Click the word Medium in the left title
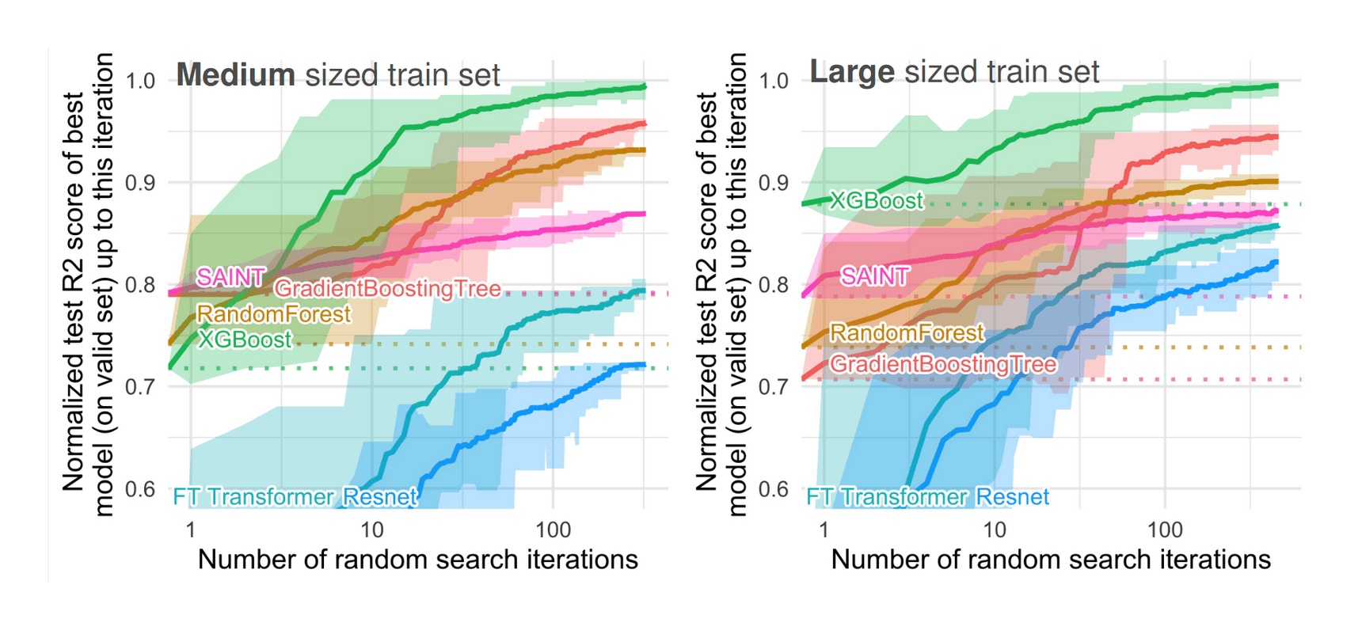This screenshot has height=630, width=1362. click(x=235, y=75)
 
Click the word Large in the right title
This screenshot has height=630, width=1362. click(x=851, y=72)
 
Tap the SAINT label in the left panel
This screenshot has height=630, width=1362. click(x=230, y=277)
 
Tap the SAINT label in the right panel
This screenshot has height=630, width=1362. click(x=875, y=276)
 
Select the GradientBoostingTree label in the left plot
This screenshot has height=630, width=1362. click(x=387, y=289)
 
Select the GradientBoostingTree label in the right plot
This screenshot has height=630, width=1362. click(x=942, y=364)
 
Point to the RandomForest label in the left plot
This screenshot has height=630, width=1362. click(x=273, y=314)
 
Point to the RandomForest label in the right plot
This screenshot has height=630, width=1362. click(x=907, y=332)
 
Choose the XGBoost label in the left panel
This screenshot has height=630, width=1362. click(x=245, y=340)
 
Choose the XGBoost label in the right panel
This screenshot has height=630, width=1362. click(x=877, y=200)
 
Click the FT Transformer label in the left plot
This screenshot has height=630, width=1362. click(x=254, y=497)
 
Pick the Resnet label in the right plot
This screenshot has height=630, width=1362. click(x=1012, y=497)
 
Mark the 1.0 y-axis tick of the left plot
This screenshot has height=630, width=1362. click(x=140, y=81)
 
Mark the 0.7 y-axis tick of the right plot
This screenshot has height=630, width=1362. click(x=774, y=387)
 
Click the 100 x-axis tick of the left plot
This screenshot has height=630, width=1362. click(x=553, y=529)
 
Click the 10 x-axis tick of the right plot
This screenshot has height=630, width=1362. click(x=995, y=529)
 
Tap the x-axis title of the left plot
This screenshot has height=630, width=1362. click(x=417, y=560)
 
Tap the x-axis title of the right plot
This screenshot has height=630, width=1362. click(x=1051, y=560)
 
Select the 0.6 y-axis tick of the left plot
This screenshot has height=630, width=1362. click(x=140, y=489)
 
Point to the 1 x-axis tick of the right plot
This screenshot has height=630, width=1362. click(x=824, y=529)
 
